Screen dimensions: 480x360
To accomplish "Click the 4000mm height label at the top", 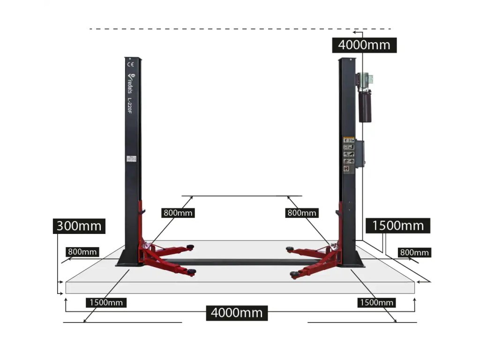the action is tap(364, 45).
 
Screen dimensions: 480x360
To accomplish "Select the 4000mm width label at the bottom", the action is tap(237, 312).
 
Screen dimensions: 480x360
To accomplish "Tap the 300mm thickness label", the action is tap(79, 226).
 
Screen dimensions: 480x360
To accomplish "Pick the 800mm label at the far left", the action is tap(82, 252).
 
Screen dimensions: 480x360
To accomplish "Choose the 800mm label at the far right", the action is tap(414, 252).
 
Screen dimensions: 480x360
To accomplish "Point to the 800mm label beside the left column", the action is tap(178, 212).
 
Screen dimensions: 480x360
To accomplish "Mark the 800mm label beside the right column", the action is tap(301, 212).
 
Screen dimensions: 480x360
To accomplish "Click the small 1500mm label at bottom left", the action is tap(106, 302).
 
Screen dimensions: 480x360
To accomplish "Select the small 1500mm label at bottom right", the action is tap(376, 302).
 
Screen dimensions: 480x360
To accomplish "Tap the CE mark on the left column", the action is tap(131, 64).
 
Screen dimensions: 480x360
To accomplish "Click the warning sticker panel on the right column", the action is tap(348, 154).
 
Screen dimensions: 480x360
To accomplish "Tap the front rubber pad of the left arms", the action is tap(191, 272).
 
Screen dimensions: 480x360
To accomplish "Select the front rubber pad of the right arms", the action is tap(294, 274).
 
